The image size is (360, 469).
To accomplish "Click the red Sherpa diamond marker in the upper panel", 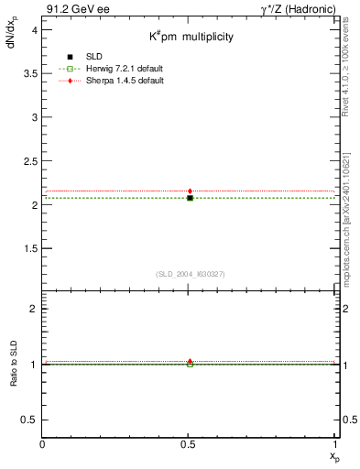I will click(190, 191).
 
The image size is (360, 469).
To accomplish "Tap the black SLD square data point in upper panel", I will click(190, 198).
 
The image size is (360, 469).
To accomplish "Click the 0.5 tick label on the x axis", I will click(190, 446).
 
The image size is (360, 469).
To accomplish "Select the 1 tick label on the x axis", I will click(335, 446).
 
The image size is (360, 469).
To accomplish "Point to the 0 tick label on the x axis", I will click(43, 446).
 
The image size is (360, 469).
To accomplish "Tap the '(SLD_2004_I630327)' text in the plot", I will click(190, 274).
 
